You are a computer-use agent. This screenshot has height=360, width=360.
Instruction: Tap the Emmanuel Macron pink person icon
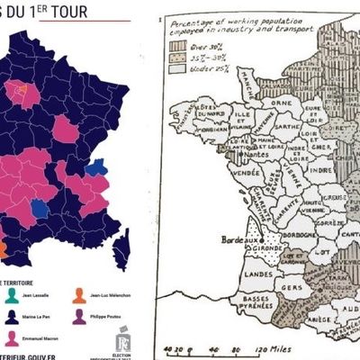11,337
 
